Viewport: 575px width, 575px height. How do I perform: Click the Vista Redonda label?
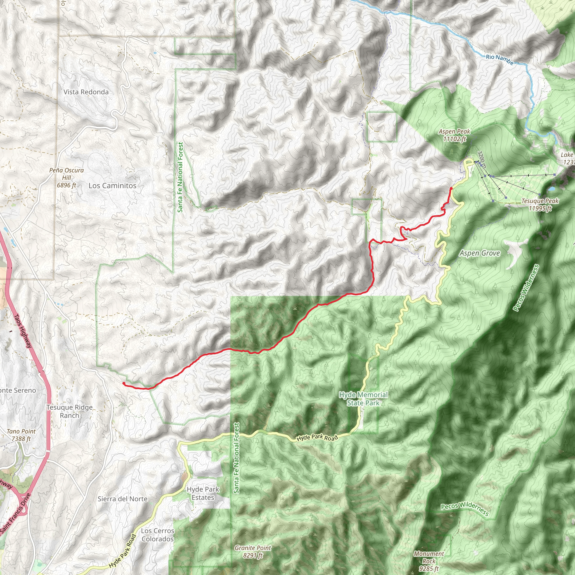(x=86, y=92)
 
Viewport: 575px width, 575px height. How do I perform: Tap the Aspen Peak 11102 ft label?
(x=455, y=135)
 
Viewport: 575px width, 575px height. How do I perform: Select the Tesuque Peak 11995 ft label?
(x=540, y=204)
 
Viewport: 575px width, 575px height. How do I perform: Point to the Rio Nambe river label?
(x=500, y=59)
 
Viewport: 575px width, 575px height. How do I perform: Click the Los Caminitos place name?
(x=113, y=186)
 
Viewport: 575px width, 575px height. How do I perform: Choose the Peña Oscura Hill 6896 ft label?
(x=66, y=178)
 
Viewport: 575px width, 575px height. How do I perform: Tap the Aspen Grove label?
(x=480, y=253)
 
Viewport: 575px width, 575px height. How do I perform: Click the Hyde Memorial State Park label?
(x=363, y=399)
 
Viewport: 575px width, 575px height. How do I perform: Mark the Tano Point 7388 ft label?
(x=21, y=435)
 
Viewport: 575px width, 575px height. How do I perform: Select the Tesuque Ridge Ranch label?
(x=69, y=411)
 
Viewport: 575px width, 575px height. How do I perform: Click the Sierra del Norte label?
(x=123, y=499)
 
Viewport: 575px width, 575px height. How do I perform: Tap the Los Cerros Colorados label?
(x=158, y=535)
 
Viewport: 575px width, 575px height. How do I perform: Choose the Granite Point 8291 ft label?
(x=253, y=551)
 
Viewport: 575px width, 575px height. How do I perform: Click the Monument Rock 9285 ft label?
(x=428, y=561)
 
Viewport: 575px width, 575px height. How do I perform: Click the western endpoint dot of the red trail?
(x=124, y=384)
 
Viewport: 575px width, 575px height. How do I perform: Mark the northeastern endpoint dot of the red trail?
(x=451, y=189)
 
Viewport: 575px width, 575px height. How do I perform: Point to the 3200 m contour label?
(x=482, y=159)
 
